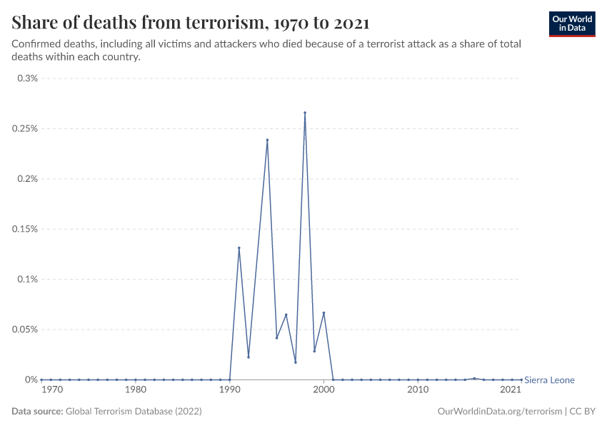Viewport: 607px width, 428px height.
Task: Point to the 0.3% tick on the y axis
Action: click(x=26, y=78)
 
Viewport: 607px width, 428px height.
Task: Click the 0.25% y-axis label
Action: click(x=24, y=129)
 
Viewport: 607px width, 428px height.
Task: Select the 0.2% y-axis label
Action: click(x=26, y=179)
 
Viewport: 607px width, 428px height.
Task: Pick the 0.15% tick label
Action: click(x=24, y=229)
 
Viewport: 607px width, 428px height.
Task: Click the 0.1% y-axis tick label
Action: click(x=26, y=280)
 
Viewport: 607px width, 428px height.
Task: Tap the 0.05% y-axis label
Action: click(x=24, y=330)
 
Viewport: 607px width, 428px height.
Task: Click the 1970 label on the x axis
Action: click(x=51, y=390)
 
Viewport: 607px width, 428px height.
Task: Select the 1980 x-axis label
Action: click(x=136, y=390)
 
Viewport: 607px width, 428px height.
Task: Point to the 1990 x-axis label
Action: click(x=229, y=390)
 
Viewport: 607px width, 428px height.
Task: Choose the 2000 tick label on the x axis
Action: click(x=323, y=390)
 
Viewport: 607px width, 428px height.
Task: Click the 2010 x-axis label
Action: click(x=418, y=390)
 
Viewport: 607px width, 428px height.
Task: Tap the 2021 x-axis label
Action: click(x=511, y=390)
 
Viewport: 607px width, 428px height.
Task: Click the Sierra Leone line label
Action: click(x=549, y=380)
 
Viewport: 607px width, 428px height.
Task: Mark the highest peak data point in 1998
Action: click(x=305, y=113)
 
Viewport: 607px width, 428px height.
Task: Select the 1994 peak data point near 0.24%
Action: click(x=267, y=140)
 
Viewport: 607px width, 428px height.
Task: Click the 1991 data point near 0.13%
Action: click(x=239, y=248)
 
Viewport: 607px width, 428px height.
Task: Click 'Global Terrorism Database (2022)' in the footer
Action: click(x=134, y=412)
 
